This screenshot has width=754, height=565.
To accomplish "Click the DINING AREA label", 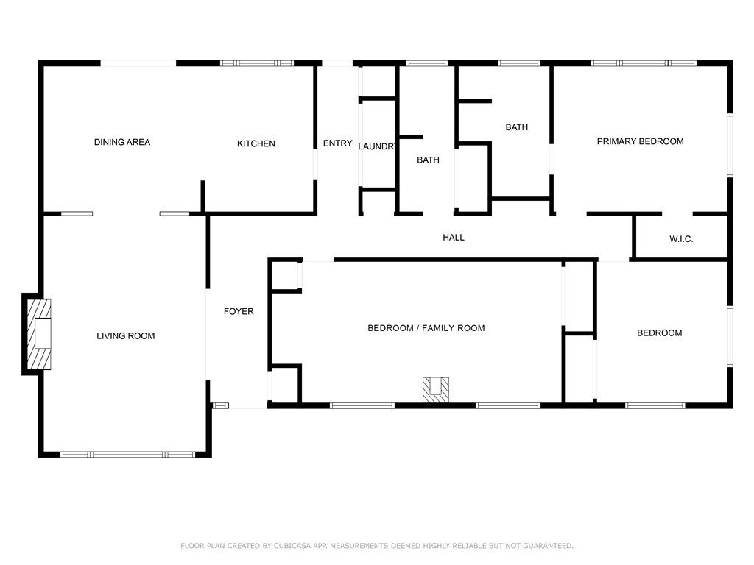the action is pos(122,142).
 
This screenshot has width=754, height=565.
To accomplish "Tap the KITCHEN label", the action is pos(256,143).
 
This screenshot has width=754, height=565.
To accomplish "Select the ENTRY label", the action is pos(337,143).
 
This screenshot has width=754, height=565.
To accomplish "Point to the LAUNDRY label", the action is pos(377,146).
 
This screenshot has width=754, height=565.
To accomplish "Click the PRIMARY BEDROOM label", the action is pos(640,141).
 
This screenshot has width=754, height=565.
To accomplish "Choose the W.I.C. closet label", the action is pos(681,239).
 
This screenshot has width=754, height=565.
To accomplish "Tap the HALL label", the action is pos(454,238).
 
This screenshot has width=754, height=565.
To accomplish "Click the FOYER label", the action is pos(239,311).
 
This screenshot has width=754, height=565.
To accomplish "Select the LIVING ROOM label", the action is pos(125,335).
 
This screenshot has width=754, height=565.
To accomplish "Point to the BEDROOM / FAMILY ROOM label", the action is pos(426,328).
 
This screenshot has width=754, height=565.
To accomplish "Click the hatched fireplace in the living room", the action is pos(38,334).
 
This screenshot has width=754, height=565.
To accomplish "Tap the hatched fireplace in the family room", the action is pos(436,390).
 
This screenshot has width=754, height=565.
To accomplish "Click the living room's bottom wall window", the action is pos(128,454).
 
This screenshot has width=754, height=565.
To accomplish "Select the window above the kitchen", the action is pos(257,63).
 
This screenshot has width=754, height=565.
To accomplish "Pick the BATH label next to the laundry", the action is pos(428,160).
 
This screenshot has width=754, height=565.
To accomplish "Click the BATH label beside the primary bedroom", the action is pos(516,127).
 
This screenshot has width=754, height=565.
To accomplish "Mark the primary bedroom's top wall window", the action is pos(644,63).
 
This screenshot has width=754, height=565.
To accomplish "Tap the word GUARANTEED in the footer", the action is pos(548,546).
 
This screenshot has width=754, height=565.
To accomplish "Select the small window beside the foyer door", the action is pos(220,406).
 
